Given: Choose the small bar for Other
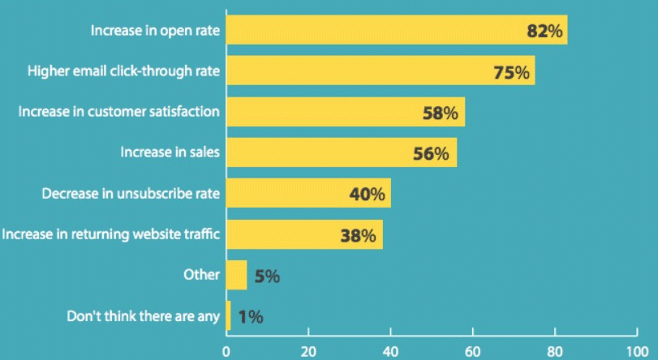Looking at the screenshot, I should click(236, 275).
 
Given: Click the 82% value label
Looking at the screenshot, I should click(544, 32).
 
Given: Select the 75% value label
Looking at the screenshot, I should click(511, 72).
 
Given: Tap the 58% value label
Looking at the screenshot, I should click(441, 113).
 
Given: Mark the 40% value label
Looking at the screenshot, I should click(367, 195).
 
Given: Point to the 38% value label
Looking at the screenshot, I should click(358, 236).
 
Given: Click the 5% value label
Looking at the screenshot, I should click(267, 276).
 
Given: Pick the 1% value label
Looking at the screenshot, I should click(251, 317).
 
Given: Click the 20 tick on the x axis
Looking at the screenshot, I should click(307, 352).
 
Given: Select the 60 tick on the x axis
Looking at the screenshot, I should click(472, 352).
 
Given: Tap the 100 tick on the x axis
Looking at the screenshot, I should click(636, 352).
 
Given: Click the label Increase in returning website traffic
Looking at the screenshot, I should click(111, 234).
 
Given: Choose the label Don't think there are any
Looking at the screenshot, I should click(143, 315).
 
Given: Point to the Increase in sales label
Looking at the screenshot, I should click(170, 152).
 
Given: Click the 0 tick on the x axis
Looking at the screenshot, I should click(226, 352).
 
